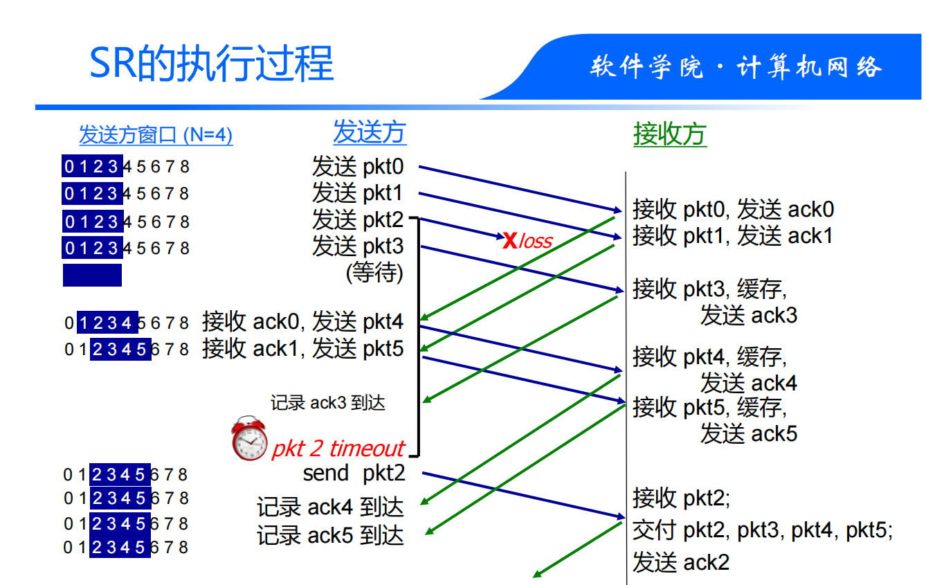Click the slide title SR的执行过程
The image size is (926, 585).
(x=212, y=64)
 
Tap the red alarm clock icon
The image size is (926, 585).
(x=249, y=438)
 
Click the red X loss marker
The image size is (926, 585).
(x=510, y=240)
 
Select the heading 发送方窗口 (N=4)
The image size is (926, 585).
(x=156, y=135)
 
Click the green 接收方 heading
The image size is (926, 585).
(x=669, y=134)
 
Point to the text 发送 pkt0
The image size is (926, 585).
(x=357, y=167)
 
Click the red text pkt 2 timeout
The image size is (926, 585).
(x=338, y=449)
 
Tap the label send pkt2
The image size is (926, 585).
(x=354, y=474)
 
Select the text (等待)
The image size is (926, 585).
(x=374, y=272)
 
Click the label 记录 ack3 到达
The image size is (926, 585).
(x=327, y=403)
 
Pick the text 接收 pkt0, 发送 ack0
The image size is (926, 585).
(x=733, y=209)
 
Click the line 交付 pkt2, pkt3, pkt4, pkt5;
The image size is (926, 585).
(x=762, y=530)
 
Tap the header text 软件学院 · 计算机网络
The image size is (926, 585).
(x=736, y=68)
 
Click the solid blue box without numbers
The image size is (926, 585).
(x=92, y=275)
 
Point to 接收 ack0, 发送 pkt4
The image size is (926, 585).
(x=302, y=322)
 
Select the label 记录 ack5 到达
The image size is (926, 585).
(x=330, y=535)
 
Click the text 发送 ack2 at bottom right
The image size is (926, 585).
(x=680, y=562)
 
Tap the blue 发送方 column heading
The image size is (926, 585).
(x=370, y=132)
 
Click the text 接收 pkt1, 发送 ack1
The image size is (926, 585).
(x=732, y=235)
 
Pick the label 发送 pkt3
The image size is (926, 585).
(x=357, y=246)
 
